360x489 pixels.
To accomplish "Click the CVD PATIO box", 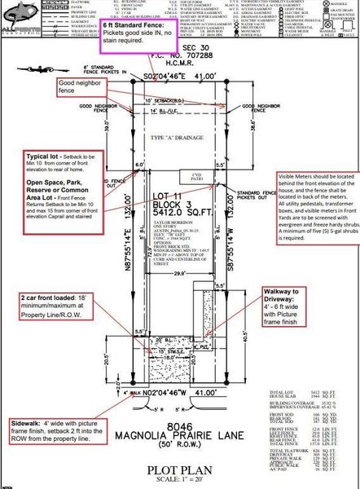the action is coord(195,177).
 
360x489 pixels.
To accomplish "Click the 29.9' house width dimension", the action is coord(174,253).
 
